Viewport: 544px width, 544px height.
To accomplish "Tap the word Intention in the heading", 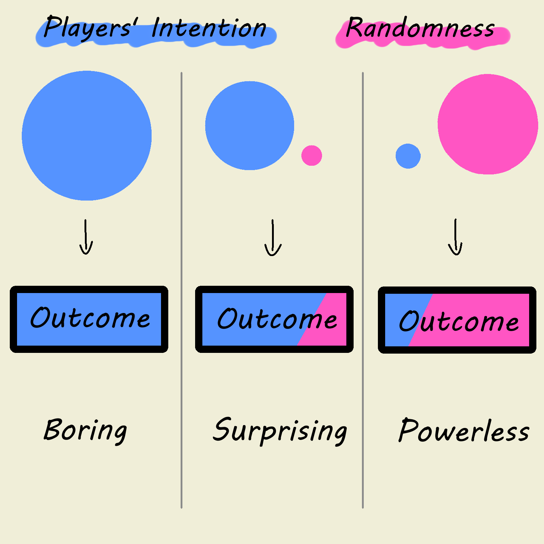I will coord(209,28).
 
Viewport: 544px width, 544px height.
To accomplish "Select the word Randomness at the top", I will coord(420,28).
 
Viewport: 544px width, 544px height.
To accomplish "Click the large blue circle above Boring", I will coord(87,136).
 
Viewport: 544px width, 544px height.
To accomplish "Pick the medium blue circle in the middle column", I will coord(250,125).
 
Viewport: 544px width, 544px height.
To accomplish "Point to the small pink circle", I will coord(312,156).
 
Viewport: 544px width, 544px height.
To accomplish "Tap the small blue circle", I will coord(408,156).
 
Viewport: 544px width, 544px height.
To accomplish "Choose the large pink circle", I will coord(488,124).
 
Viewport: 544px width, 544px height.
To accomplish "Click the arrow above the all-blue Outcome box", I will coord(86,238).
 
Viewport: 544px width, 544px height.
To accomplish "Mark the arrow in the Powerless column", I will coord(456,238).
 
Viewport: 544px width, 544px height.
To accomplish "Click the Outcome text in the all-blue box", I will coord(90,318).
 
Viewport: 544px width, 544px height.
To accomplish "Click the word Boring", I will coord(85,430).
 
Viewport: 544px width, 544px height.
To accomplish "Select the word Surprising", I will coord(280,430).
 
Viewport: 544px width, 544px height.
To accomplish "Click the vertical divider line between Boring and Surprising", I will coord(181,399).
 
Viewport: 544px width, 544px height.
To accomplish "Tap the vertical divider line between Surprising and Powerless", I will coord(363,399).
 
